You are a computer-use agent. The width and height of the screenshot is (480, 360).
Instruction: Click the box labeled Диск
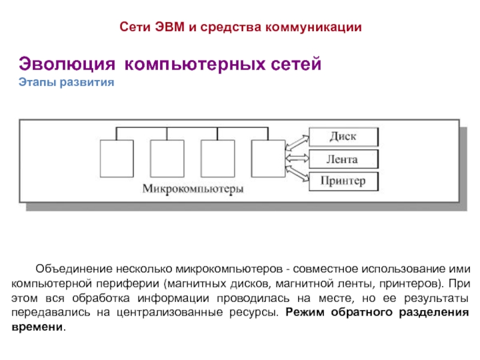343,137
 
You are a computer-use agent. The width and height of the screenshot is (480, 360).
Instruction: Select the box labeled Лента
343,159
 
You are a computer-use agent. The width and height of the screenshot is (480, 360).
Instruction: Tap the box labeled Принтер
343,181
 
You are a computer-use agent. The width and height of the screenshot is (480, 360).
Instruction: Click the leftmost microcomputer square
116,157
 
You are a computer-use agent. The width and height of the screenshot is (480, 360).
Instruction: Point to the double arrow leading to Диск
297,142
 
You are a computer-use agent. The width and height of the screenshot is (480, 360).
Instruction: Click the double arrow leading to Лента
297,159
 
